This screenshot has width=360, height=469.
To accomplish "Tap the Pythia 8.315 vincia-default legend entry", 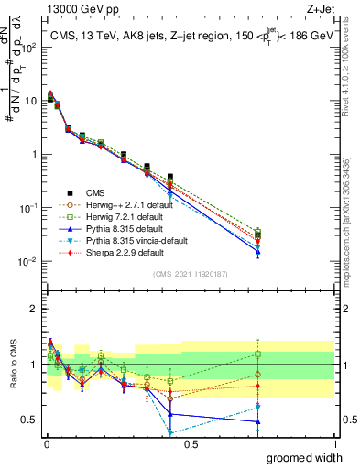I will point(121,240).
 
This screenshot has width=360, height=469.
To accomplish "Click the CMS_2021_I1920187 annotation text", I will point(190,274).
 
